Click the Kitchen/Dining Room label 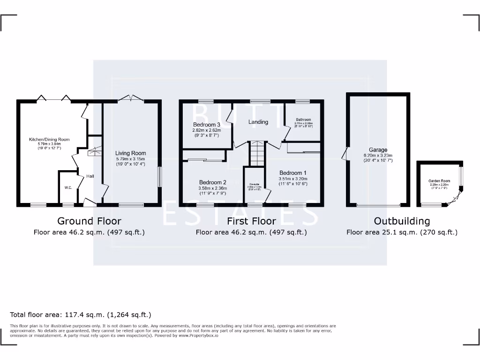49,139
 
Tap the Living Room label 131,153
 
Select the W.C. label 68,187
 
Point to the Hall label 90,176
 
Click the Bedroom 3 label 206,124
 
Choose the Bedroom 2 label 212,182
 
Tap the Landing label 258,122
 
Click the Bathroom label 303,120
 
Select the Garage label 378,150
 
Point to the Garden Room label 439,180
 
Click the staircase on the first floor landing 257,153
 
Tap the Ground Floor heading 89,221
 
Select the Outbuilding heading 402,221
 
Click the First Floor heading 251,221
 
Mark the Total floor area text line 81,315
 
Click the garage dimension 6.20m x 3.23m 378,156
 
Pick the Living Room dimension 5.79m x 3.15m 131,159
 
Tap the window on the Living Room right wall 159,178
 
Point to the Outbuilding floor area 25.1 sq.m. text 402,232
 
